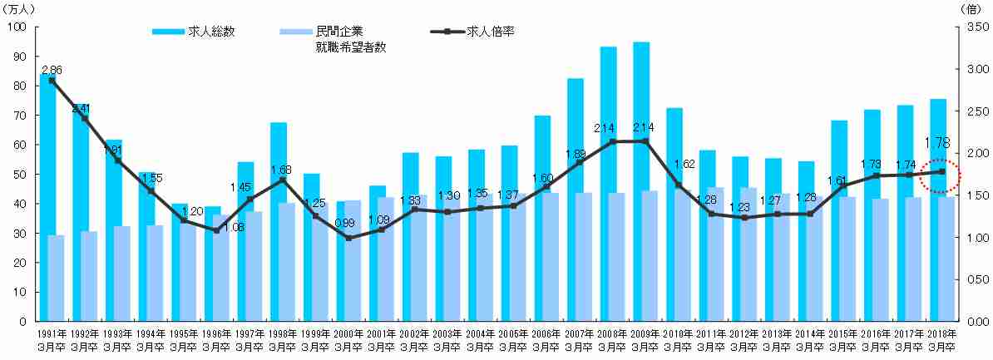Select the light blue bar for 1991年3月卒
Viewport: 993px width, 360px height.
tap(57, 279)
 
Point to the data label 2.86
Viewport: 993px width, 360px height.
tap(52, 69)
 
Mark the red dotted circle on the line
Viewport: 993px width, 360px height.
tap(941, 173)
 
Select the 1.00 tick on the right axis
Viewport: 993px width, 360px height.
tap(971, 238)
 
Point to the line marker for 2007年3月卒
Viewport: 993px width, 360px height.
tap(580, 162)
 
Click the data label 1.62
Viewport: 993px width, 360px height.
tap(683, 164)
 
